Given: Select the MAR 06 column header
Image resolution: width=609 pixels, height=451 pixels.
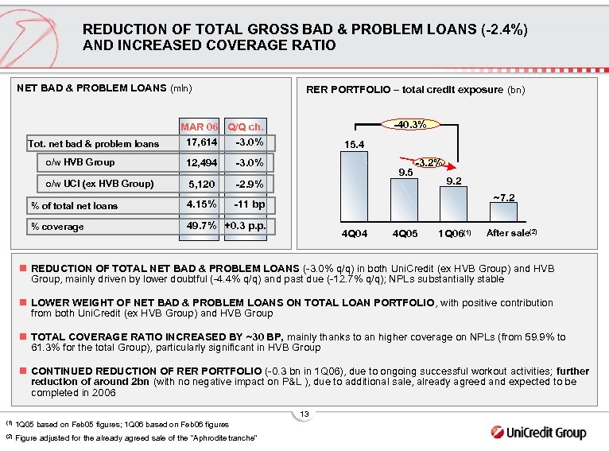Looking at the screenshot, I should (x=199, y=126).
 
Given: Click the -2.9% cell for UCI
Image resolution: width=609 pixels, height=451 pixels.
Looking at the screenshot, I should (x=249, y=185).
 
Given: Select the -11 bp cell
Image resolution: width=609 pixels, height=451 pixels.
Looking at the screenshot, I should (x=249, y=204).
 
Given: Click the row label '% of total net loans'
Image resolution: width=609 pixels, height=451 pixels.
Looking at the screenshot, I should (x=74, y=206).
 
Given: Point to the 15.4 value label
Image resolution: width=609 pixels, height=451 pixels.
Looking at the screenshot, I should (x=354, y=145).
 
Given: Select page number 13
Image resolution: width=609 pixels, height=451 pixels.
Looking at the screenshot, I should (x=304, y=414).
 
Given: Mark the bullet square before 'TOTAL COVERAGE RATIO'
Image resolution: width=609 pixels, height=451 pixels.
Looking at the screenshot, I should (x=23, y=337).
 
